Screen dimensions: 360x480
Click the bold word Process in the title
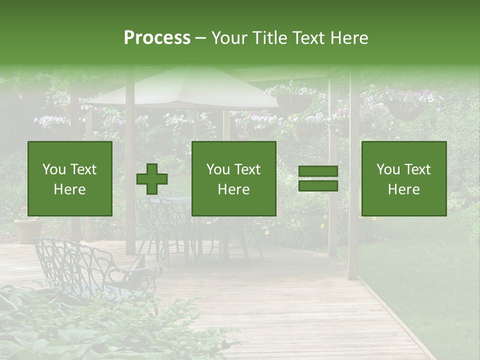[x=157, y=38]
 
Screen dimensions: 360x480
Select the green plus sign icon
[x=152, y=178]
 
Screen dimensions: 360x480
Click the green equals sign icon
[x=318, y=178]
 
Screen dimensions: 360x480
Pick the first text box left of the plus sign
[x=70, y=178]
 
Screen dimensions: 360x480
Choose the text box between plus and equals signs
[x=233, y=178]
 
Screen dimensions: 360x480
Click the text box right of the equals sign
[x=404, y=178]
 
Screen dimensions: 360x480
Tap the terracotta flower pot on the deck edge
[x=29, y=230]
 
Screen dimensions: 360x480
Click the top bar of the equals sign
[x=318, y=171]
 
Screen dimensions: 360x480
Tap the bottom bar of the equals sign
[x=318, y=185]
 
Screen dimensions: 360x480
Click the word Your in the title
[x=227, y=38]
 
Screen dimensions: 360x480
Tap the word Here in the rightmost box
[x=404, y=189]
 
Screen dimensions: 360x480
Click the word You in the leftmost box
[x=53, y=169]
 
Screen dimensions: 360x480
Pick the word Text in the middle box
[x=247, y=169]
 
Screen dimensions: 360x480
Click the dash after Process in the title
[x=201, y=38]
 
